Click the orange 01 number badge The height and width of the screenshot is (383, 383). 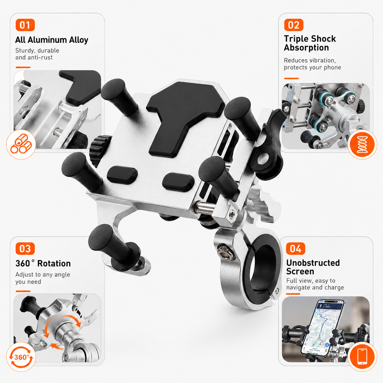[x=25, y=25]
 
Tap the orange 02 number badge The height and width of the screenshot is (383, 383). [x=294, y=25]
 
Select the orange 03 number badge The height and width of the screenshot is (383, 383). [x=25, y=248]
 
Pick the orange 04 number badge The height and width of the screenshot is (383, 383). [x=296, y=248]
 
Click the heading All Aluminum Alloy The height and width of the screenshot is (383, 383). [x=52, y=40]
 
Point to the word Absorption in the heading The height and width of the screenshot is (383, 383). [x=306, y=48]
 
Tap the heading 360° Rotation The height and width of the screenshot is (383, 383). [x=43, y=264]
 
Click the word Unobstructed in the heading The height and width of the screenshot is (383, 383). [x=313, y=263]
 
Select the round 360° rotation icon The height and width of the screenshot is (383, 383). [x=21, y=357]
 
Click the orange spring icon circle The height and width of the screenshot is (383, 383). [x=362, y=145]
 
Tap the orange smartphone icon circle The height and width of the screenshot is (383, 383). [x=362, y=357]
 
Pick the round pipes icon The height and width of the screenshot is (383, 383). [x=21, y=144]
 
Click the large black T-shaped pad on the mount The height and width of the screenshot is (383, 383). [x=185, y=117]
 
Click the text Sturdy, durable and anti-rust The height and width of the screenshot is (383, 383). [x=37, y=54]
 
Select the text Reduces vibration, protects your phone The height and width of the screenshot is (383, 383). [x=312, y=64]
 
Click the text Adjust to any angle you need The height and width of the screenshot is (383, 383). [x=42, y=278]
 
